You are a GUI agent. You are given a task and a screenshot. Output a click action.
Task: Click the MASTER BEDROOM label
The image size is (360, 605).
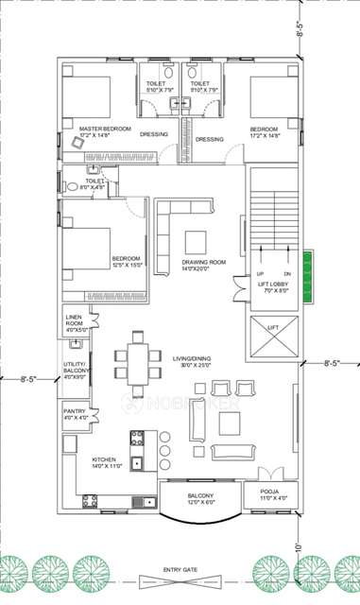point(104,129)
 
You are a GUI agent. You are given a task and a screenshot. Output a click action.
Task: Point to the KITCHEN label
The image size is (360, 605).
point(104,461)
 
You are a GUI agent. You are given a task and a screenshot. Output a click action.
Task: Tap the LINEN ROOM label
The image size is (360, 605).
point(75,320)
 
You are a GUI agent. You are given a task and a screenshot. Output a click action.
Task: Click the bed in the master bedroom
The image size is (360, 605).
point(86,96)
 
